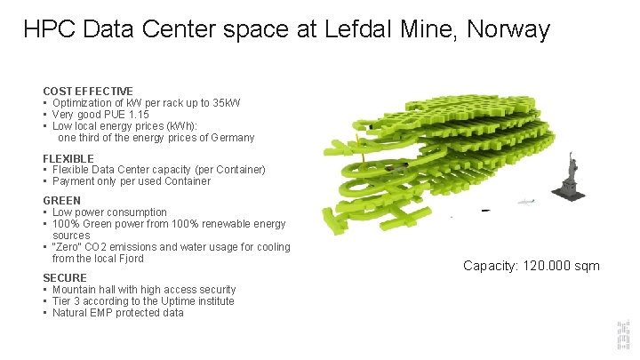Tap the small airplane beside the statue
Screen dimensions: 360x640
click(x=525, y=202)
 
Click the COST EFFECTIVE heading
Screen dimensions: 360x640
click(x=88, y=91)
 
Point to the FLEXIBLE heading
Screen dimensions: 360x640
click(x=68, y=158)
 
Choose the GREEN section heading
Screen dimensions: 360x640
click(x=61, y=200)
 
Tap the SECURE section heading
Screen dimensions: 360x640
click(x=65, y=277)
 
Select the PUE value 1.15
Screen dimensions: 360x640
click(x=137, y=114)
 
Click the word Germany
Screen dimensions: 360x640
click(x=230, y=137)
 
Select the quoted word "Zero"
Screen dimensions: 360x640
click(x=68, y=247)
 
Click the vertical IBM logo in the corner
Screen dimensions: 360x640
click(x=622, y=335)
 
